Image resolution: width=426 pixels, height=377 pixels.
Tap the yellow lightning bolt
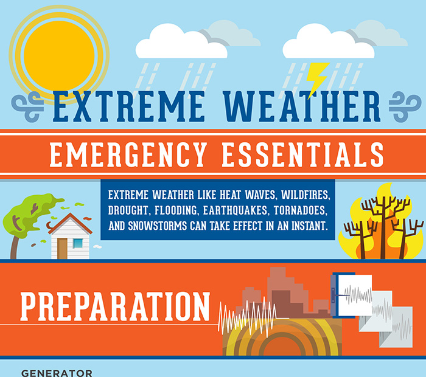[x=317, y=80]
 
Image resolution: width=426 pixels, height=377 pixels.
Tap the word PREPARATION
[x=115, y=308]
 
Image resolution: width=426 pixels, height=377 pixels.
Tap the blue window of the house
[x=78, y=243]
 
